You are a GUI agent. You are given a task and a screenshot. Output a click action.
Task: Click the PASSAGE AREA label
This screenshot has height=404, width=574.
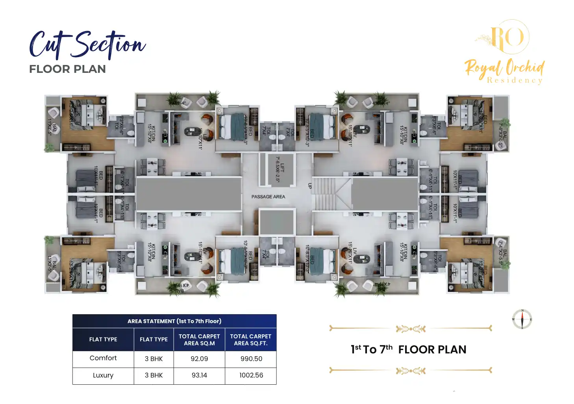click(x=268, y=196)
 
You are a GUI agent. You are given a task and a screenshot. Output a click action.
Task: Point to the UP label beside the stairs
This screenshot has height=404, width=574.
click(x=310, y=186)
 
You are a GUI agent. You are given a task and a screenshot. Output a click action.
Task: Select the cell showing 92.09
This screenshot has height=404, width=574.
click(x=199, y=359)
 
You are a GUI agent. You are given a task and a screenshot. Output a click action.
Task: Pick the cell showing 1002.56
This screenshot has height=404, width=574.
click(x=251, y=375)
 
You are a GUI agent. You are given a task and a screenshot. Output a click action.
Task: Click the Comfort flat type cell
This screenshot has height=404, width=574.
click(x=103, y=358)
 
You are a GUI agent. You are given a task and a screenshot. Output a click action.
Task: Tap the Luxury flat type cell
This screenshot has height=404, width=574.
click(x=103, y=375)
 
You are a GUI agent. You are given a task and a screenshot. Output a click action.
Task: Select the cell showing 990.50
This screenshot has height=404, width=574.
click(x=251, y=359)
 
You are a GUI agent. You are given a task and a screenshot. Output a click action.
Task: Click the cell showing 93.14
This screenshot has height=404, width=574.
click(x=199, y=375)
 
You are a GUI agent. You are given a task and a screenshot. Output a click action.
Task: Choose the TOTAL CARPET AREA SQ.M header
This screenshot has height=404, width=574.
click(x=199, y=339)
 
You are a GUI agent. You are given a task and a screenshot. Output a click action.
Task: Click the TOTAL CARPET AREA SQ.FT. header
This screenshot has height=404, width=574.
click(x=251, y=339)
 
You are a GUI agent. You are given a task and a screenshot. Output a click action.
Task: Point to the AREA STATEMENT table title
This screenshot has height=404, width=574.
click(x=174, y=321)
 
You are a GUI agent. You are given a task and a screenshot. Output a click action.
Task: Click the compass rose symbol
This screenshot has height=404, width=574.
click(x=522, y=319)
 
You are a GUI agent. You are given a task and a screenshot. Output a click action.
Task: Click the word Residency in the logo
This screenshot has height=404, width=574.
click(x=515, y=80)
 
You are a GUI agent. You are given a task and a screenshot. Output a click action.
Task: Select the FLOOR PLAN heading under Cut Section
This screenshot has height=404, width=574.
click(x=67, y=69)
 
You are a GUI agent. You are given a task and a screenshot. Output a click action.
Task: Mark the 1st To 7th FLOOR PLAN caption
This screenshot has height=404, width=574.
click(x=408, y=349)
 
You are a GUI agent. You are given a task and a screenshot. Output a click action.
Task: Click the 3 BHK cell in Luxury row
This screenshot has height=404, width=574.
click(x=154, y=375)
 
